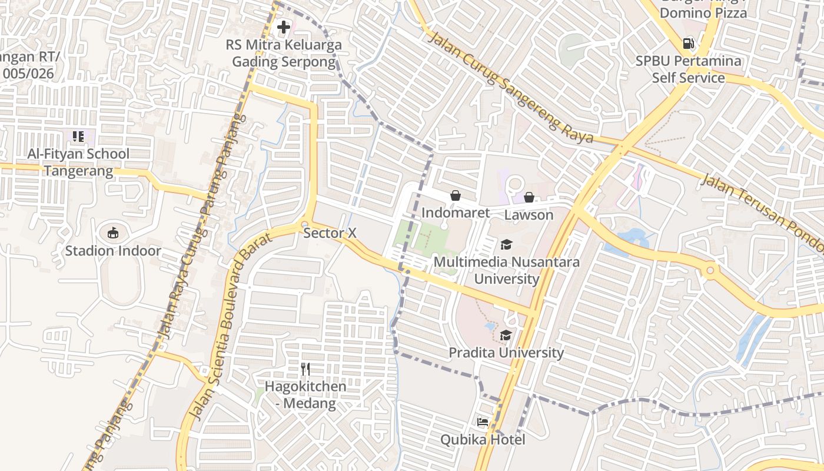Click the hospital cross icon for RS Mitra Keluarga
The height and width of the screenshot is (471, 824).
point(284,27)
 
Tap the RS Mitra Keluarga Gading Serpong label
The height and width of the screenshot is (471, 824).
point(284,54)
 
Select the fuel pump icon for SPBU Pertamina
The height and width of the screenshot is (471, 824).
point(687,44)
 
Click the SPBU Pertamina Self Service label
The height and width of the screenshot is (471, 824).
point(688,69)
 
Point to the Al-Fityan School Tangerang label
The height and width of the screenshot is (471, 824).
point(78,162)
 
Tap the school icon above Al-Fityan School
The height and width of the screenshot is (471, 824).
point(78,137)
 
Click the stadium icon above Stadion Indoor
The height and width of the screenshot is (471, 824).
point(112,233)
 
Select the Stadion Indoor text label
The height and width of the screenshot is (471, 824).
point(112,251)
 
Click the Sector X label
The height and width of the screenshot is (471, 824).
point(330,233)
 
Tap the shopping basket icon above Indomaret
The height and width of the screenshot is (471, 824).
point(456,195)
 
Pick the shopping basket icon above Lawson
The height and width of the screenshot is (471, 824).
point(529,197)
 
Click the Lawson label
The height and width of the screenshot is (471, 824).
point(529,215)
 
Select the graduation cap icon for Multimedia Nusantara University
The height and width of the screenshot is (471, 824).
point(506,244)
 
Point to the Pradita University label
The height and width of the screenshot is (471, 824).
point(506,353)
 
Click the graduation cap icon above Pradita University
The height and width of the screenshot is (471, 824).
point(506,336)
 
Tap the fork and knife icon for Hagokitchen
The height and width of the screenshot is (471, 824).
point(305,369)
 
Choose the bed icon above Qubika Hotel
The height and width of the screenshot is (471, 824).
point(483,422)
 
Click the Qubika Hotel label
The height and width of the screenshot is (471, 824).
point(483,440)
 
